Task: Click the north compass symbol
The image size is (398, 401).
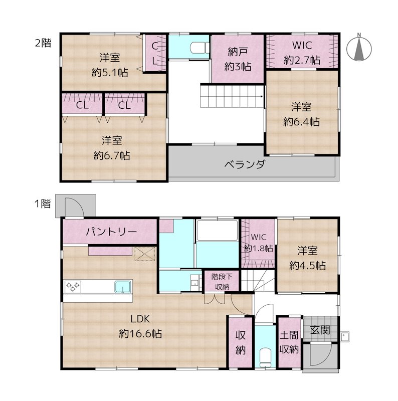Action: click(x=359, y=48)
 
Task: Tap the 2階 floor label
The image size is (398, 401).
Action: click(x=43, y=43)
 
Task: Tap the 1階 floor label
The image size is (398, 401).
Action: click(x=43, y=204)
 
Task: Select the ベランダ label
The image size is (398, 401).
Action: click(x=245, y=164)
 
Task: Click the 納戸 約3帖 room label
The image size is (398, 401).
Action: click(x=238, y=59)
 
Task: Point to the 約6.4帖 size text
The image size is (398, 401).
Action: click(x=301, y=122)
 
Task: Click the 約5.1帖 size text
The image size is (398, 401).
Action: click(x=110, y=73)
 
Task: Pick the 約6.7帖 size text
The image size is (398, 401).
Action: click(x=112, y=155)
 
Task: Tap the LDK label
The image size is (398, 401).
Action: click(x=140, y=319)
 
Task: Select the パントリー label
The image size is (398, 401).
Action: click(x=111, y=232)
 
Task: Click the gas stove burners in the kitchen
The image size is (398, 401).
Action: click(x=73, y=286)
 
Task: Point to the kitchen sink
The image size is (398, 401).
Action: click(x=123, y=287)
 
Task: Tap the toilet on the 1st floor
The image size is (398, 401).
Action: click(x=265, y=357)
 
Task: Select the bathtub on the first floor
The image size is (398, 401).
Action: click(x=217, y=230)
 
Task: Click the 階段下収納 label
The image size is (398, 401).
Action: click(x=222, y=282)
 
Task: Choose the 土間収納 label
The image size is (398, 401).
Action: click(x=289, y=342)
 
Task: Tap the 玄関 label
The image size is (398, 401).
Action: click(x=320, y=330)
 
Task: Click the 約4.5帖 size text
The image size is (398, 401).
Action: click(x=307, y=266)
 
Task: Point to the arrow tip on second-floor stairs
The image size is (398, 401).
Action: click(x=262, y=96)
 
